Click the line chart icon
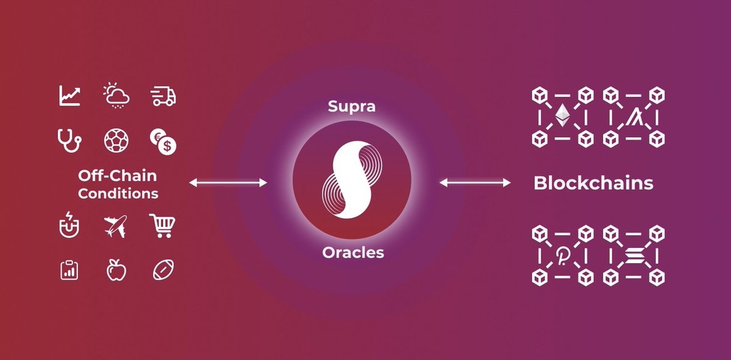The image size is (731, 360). click(x=69, y=96)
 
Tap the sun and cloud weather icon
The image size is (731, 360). click(x=116, y=96)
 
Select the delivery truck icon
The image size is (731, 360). click(x=163, y=96)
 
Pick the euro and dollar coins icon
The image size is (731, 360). click(x=163, y=142)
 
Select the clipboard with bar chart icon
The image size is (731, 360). click(x=69, y=270)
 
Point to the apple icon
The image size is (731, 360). click(x=116, y=270)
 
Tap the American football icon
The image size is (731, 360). click(x=163, y=270)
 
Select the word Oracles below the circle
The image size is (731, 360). click(x=353, y=252)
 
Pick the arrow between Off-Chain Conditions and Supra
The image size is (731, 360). click(x=228, y=183)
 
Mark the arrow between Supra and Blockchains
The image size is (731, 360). click(x=475, y=183)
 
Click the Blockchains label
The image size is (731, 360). click(x=593, y=183)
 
